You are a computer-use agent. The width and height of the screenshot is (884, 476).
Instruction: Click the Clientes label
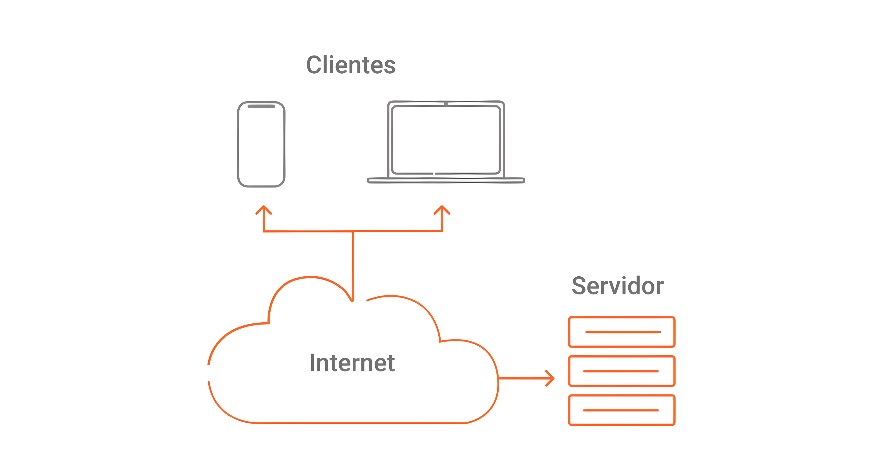coord(351,65)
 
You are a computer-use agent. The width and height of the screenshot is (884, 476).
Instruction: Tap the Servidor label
coord(617,286)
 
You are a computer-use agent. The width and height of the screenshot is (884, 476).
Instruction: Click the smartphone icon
coord(261,144)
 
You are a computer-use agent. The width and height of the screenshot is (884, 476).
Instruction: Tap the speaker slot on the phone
coord(261,106)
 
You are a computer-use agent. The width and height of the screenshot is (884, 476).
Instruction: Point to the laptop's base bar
coord(446,180)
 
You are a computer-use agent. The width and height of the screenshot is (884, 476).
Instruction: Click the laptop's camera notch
coord(446,104)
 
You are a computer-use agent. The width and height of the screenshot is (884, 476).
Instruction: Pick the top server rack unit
coord(622,332)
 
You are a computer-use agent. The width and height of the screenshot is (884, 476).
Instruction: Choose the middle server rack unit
coord(622,371)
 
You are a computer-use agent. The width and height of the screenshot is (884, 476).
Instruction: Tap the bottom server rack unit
coord(622,410)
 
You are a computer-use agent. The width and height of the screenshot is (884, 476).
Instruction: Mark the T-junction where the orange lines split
coord(353,231)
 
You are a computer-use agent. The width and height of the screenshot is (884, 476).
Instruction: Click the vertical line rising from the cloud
coord(353,264)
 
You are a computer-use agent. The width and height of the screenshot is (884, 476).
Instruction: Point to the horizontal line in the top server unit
coord(623,332)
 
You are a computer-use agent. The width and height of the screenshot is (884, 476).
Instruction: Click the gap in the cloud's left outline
coord(208,373)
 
